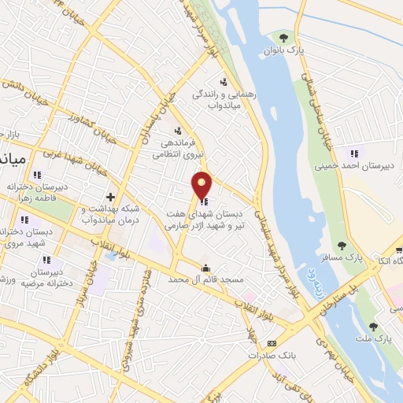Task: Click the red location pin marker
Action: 202,184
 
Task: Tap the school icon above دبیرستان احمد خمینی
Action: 354,153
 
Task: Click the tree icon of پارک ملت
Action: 374,326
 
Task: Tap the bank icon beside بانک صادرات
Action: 272,343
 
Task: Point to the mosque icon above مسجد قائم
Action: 206,267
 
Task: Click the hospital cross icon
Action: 111,196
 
